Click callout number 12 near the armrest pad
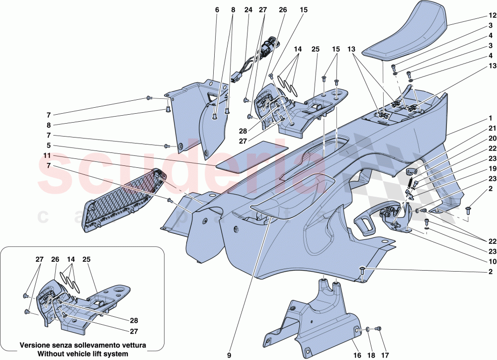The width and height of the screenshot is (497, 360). (490, 16)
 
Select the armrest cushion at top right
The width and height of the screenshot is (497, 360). (408, 35)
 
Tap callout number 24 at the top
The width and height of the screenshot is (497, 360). (248, 9)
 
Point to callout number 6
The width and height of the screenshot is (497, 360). (217, 9)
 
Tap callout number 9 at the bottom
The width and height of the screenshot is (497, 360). (229, 355)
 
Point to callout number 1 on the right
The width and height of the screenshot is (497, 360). (490, 119)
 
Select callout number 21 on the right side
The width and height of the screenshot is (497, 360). (490, 129)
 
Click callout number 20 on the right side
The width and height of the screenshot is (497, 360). (490, 139)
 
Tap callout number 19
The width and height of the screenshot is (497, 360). (490, 168)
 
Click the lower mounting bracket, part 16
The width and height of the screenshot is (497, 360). (313, 318)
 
